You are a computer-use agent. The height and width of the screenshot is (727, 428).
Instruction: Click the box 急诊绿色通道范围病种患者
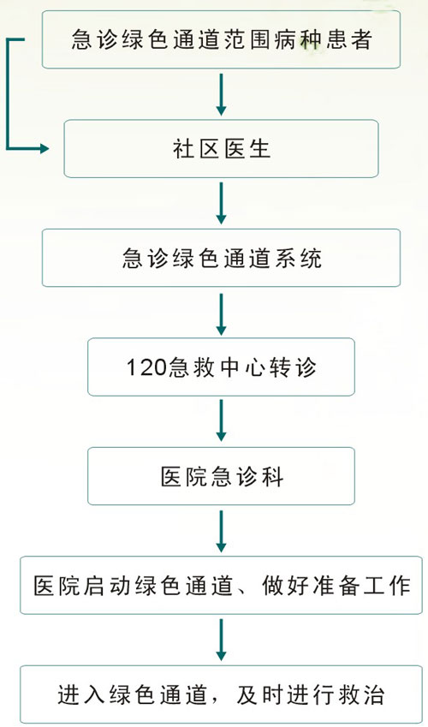click(221, 39)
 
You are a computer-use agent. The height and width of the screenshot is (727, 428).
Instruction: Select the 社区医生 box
click(221, 148)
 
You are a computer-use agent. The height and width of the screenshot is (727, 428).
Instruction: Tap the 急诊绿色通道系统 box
click(221, 258)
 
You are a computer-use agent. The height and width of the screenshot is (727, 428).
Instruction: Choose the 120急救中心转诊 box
click(221, 366)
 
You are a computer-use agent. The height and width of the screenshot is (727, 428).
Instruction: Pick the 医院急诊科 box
click(221, 476)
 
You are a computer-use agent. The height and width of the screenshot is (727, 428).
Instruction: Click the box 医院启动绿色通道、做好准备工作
click(221, 586)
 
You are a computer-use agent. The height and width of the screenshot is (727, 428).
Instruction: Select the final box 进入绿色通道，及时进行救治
click(221, 694)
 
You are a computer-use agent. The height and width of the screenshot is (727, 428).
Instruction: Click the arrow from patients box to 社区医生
click(221, 94)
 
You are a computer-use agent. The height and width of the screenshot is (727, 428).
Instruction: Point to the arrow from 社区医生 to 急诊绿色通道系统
click(221, 204)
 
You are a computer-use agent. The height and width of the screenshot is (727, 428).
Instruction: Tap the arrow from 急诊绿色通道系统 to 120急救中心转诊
click(221, 313)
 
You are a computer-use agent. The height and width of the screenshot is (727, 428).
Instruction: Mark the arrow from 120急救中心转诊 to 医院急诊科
click(221, 422)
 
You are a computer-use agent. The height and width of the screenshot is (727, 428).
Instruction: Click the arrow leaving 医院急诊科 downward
click(221, 532)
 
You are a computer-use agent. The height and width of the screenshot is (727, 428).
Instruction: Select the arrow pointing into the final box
click(221, 641)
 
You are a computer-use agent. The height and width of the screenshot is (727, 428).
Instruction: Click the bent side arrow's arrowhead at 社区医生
click(45, 148)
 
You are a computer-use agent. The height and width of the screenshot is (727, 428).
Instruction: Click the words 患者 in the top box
click(352, 39)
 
